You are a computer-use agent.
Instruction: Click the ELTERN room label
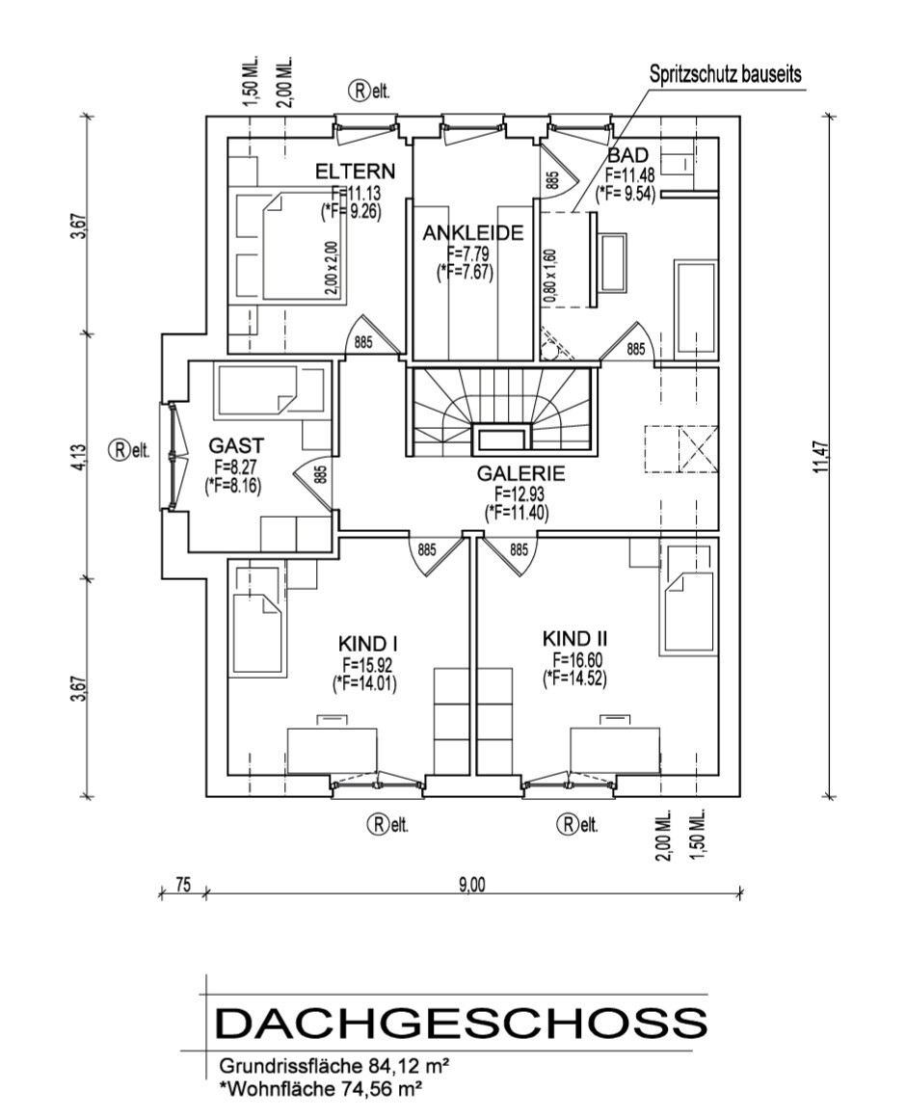coord(356,172)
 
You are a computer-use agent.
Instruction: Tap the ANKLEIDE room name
coord(472,233)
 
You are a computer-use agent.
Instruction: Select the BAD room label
coord(627,156)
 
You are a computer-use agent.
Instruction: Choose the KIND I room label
coord(369,643)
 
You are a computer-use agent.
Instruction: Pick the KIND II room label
coord(574,639)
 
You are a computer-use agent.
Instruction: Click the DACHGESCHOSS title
coord(461,1024)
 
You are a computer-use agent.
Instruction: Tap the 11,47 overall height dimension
coord(820,454)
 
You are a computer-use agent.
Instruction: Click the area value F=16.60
coord(574,660)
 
